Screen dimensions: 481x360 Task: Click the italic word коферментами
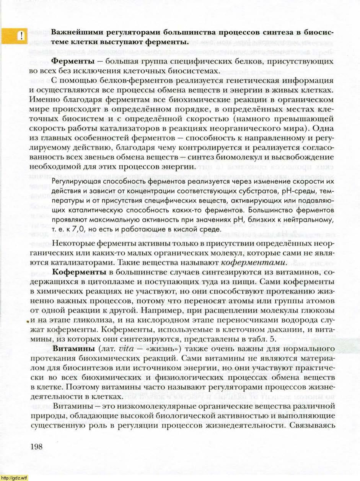point(254,263)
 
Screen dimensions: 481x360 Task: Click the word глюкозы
point(313,310)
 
